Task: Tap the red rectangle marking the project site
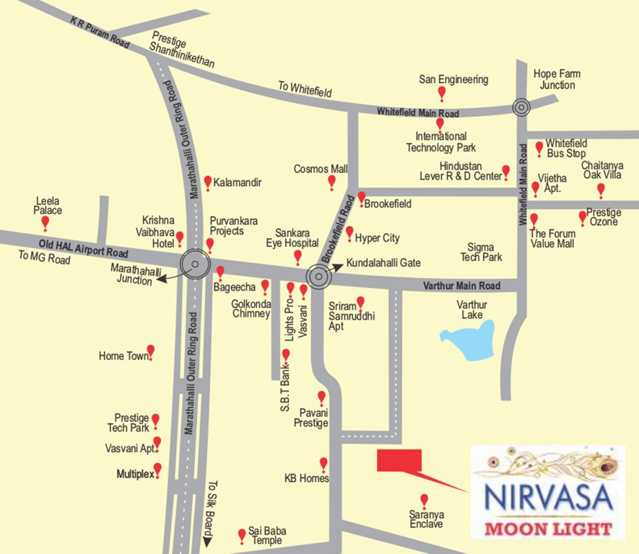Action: pos(399,460)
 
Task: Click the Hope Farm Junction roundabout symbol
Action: pos(521,107)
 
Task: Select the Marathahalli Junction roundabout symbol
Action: pos(195,264)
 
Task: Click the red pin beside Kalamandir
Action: pos(208,182)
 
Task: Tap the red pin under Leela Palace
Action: pos(45,223)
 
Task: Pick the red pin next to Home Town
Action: pos(151,352)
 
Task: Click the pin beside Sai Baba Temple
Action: pos(242,535)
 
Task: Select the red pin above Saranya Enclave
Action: pos(424,500)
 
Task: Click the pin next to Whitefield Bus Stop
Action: pos(539,149)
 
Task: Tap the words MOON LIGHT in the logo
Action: pos(549,529)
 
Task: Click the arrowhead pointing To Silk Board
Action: pos(207,540)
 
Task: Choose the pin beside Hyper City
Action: pos(349,233)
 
